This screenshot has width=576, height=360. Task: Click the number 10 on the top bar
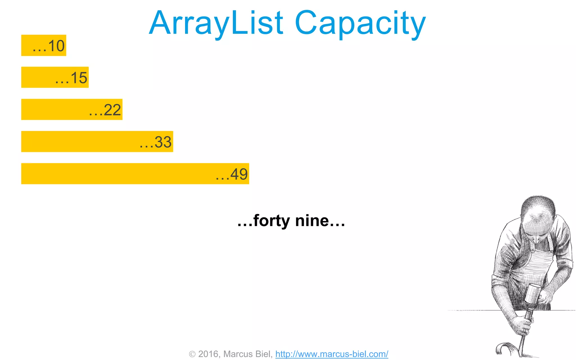tap(56, 46)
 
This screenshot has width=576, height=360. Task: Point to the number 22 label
tap(112, 110)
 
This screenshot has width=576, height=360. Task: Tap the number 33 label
tap(163, 142)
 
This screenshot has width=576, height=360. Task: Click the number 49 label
tap(239, 174)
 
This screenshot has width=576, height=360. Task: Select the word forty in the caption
tap(271, 221)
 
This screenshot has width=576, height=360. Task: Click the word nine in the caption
tap(312, 221)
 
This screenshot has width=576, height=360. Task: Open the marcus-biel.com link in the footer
tap(332, 354)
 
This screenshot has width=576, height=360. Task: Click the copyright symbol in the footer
tap(192, 354)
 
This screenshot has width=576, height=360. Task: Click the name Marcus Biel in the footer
tap(247, 354)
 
